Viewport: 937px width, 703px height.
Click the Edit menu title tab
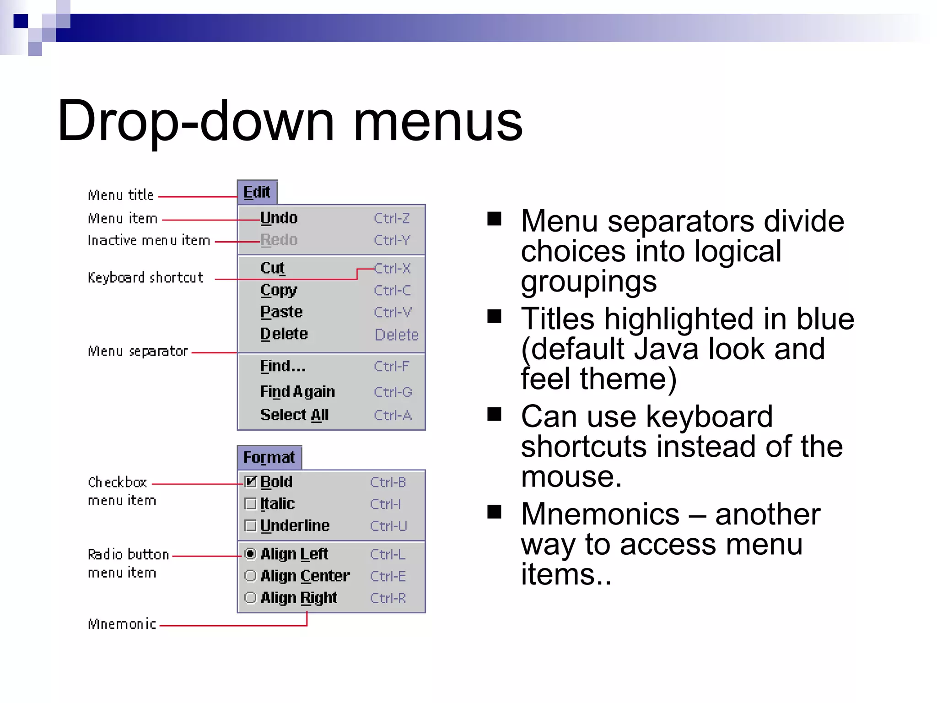click(x=257, y=192)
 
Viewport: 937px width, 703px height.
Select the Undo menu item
click(x=279, y=218)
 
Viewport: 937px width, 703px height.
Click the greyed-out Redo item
click(x=279, y=240)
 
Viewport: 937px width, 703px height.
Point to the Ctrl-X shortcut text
click(x=392, y=268)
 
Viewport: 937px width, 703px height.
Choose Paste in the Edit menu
click(x=281, y=312)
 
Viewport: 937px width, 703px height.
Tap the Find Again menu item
click(x=297, y=392)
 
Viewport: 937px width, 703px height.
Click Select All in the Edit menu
click(x=295, y=415)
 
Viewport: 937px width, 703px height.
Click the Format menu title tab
click(x=269, y=457)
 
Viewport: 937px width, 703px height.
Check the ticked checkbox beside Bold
click(x=251, y=481)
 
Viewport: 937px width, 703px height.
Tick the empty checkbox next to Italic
click(x=251, y=504)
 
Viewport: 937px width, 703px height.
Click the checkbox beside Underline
click(x=251, y=526)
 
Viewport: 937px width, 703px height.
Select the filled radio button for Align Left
click(x=250, y=554)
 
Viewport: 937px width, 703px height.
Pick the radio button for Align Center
click(x=250, y=576)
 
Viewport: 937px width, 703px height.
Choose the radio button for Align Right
click(x=250, y=598)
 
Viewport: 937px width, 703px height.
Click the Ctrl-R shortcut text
click(x=388, y=598)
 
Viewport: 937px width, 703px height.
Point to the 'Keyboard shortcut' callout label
click(x=145, y=277)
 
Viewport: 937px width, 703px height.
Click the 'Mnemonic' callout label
click(x=122, y=624)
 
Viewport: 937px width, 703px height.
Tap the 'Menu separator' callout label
click(x=138, y=351)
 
